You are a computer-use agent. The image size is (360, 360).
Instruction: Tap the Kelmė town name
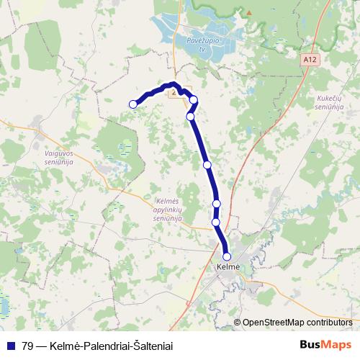pyautogui.click(x=228, y=267)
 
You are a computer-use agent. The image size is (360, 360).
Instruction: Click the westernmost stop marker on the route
pyautogui.click(x=132, y=104)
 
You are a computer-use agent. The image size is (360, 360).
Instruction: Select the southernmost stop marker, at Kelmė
pyautogui.click(x=227, y=256)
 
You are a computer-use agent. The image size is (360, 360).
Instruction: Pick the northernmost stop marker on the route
pyautogui.click(x=193, y=100)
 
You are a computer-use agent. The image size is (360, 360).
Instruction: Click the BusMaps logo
pyautogui.click(x=325, y=344)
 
